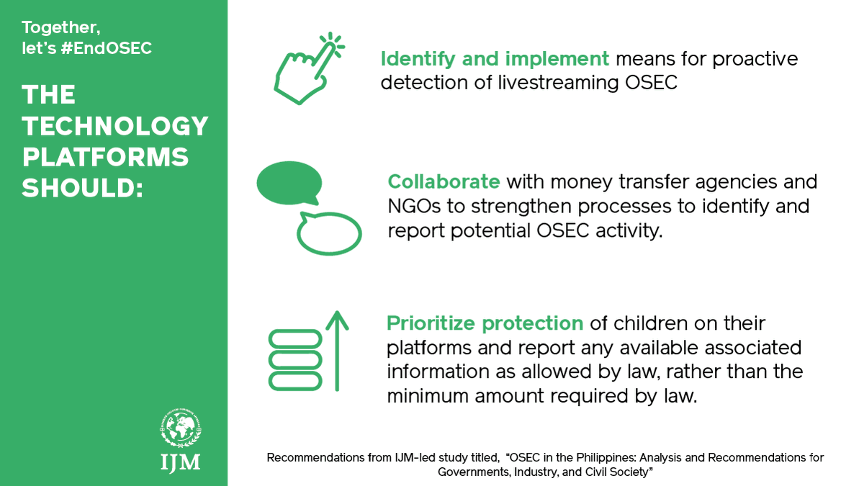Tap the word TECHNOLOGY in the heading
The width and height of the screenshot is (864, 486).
[x=115, y=127]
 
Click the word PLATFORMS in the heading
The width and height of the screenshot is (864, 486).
[x=105, y=157]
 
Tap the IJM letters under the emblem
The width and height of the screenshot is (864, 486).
[x=180, y=462]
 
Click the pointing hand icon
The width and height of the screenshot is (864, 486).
[x=306, y=68]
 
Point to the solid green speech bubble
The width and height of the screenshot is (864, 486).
[x=288, y=181]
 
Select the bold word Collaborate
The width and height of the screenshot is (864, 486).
[x=444, y=181]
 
